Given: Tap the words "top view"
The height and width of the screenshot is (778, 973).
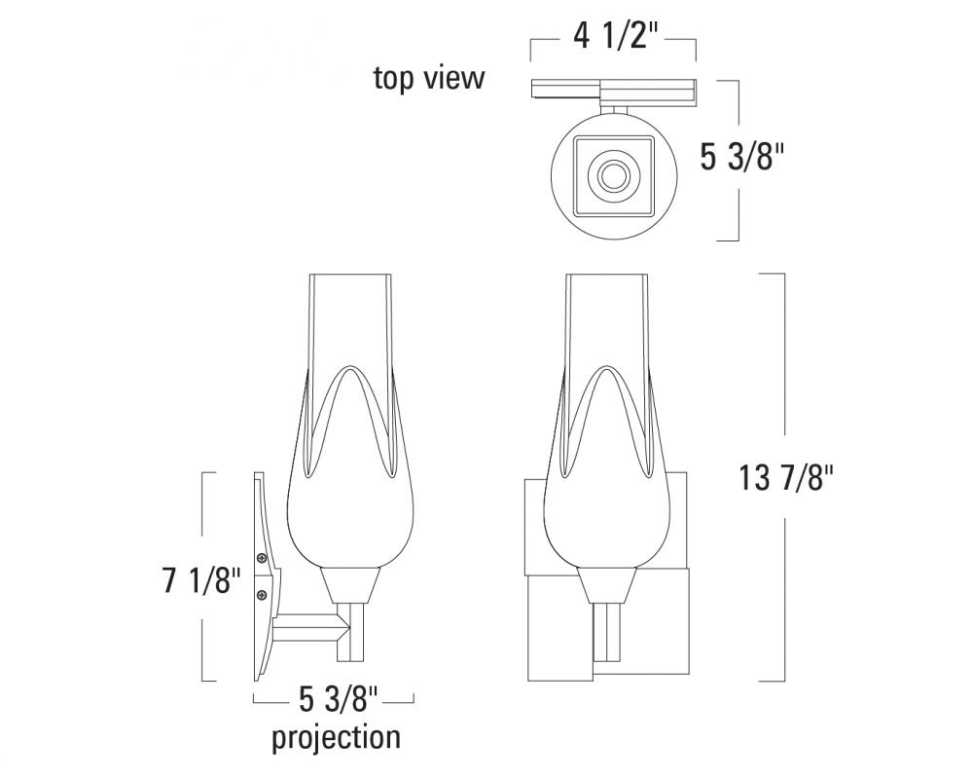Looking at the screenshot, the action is click(429, 79).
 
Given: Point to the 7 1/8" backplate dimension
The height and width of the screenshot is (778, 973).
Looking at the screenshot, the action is click(201, 580).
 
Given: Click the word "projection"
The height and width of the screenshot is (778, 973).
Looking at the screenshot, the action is click(336, 738).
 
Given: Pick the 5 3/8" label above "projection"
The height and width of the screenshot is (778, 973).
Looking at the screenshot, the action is click(339, 700).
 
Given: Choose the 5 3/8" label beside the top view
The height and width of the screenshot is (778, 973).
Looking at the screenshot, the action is click(742, 157).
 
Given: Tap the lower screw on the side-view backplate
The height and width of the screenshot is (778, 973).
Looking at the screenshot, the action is click(262, 595).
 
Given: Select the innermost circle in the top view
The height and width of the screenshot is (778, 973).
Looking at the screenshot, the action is click(614, 175).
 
